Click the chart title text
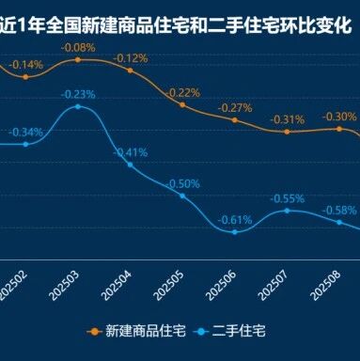coord(176,25)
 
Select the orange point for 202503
coord(78,59)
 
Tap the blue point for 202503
coord(78,106)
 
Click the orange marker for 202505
coord(182,105)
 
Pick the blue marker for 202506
coord(235,232)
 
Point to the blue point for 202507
coord(287,211)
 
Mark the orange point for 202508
coord(339,129)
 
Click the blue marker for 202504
coord(131,165)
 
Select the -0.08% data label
coord(78,48)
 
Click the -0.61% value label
coord(235,220)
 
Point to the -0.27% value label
coord(235,108)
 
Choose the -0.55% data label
coord(287,198)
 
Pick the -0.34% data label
coord(26,132)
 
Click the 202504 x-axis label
coord(117,286)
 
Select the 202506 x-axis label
coord(221,286)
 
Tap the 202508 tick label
coord(325,286)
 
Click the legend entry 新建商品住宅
coord(136,331)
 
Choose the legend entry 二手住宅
coord(229,331)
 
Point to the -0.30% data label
coord(339,117)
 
